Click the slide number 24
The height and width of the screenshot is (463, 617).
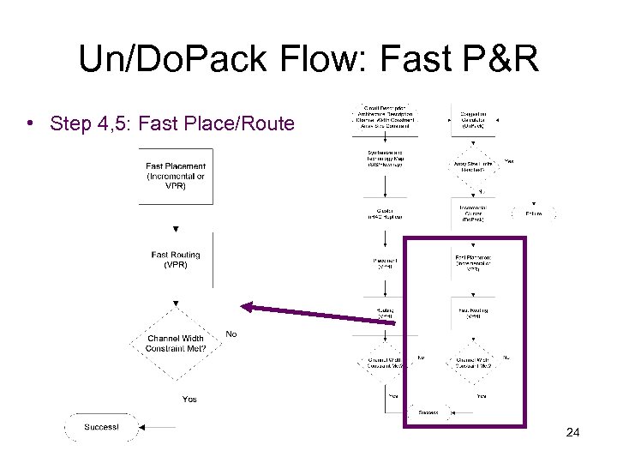point(572,432)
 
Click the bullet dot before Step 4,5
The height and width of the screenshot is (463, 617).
point(30,123)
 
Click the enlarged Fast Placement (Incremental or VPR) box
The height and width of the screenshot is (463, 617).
point(176,177)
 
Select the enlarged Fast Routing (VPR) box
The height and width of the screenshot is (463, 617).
point(176,260)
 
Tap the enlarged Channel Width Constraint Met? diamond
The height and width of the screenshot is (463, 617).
point(176,343)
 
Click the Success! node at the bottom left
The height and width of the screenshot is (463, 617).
point(102,427)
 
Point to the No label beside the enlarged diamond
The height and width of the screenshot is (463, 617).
point(231,334)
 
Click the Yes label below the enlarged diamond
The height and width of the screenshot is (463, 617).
point(189,399)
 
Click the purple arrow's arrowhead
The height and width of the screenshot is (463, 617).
point(248,306)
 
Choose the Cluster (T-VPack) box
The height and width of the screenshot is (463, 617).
point(384,213)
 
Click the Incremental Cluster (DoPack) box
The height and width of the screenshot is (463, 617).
point(473,213)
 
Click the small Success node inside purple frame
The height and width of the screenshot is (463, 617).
point(428,412)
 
